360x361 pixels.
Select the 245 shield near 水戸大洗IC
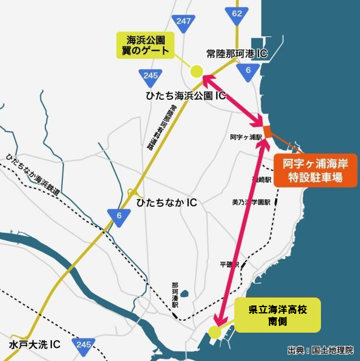84,345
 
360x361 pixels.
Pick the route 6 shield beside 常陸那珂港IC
248,70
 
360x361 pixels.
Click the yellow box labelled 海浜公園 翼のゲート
145,45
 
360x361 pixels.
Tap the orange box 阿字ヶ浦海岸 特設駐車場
315,171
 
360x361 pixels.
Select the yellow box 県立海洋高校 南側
277,315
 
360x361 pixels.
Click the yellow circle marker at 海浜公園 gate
196,71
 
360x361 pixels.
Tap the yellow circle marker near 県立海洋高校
215,332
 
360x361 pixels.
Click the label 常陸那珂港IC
237,54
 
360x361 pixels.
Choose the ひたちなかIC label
166,202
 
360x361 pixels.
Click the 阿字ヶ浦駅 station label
245,137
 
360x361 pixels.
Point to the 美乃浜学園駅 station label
251,202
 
